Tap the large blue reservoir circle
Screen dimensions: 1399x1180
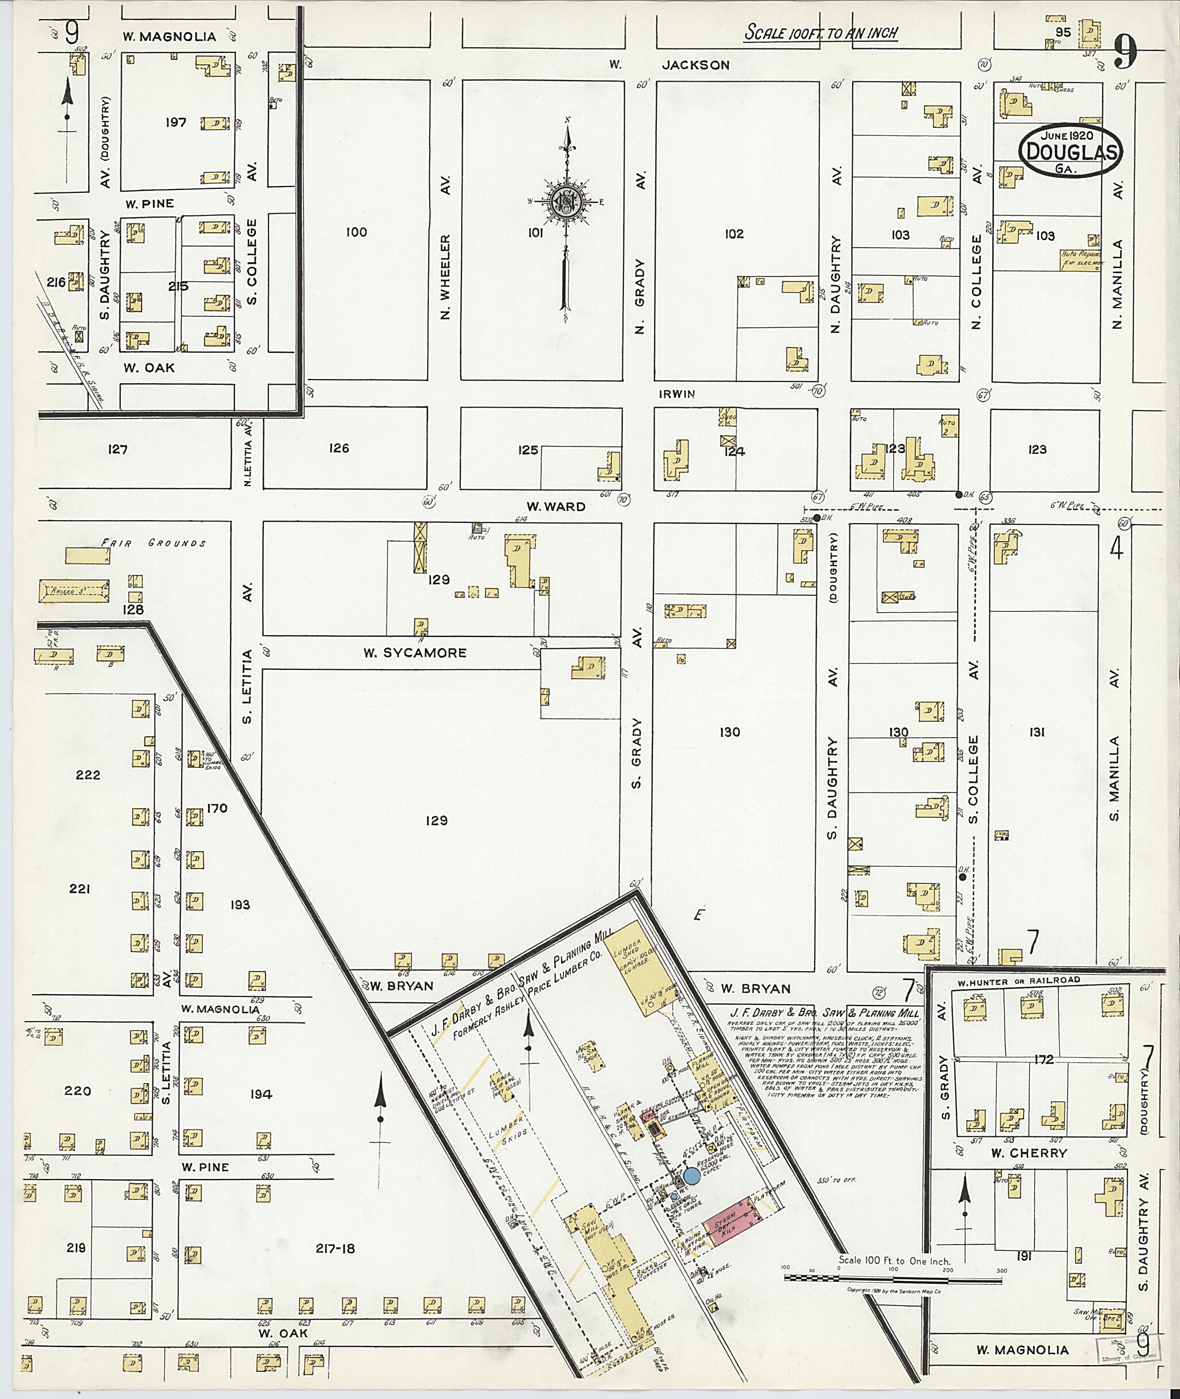[x=691, y=1176]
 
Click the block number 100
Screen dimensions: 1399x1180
[x=357, y=232]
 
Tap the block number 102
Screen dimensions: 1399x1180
[x=734, y=233]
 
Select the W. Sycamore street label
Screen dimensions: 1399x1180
[x=415, y=653]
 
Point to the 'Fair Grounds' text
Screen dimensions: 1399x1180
[x=154, y=543]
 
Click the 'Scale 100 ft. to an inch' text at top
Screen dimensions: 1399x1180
[x=821, y=32]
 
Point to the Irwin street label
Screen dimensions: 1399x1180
[x=677, y=395]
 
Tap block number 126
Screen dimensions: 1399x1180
[x=339, y=448]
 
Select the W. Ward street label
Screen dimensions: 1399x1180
[x=555, y=506]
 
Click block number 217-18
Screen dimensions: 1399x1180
[x=335, y=1249]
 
